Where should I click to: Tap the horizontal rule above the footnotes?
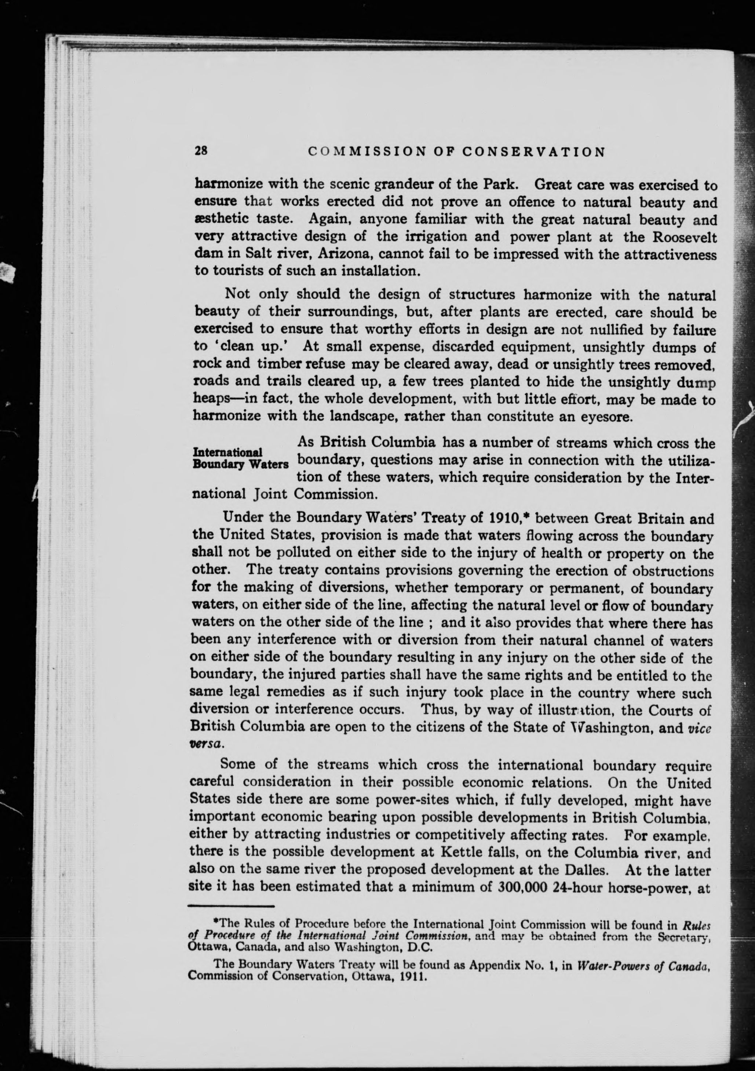[x=231, y=906]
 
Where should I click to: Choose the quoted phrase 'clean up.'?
[x=252, y=346]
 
